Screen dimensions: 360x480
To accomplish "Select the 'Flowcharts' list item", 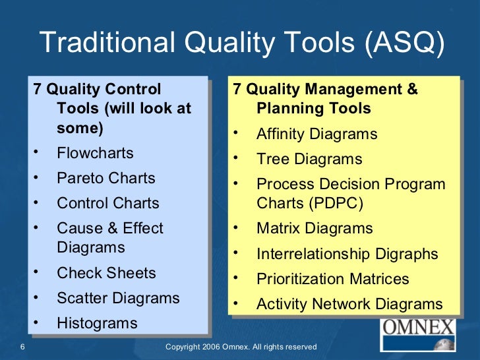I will pyautogui.click(x=95, y=153).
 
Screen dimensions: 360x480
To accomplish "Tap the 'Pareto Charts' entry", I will pyautogui.click(x=106, y=178).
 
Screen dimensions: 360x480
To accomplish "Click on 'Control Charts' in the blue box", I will pyautogui.click(x=108, y=203).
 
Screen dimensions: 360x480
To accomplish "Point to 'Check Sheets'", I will pyautogui.click(x=106, y=273).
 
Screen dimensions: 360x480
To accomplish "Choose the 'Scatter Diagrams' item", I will pyautogui.click(x=118, y=298).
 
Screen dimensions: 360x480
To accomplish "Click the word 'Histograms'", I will pyautogui.click(x=97, y=323).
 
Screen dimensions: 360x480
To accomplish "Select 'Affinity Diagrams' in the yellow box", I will pyautogui.click(x=316, y=135).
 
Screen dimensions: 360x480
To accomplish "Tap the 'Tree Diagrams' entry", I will pyautogui.click(x=309, y=159).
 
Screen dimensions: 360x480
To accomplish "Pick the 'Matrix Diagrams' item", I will pyautogui.click(x=315, y=229).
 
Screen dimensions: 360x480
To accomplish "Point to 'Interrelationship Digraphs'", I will pyautogui.click(x=347, y=254).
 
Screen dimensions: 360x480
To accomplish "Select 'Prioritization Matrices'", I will pyautogui.click(x=332, y=279).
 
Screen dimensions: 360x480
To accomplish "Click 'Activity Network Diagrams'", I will pyautogui.click(x=349, y=304).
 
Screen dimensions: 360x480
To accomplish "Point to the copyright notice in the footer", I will pyautogui.click(x=241, y=347).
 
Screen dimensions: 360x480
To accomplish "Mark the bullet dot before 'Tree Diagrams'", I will pyautogui.click(x=235, y=158).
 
